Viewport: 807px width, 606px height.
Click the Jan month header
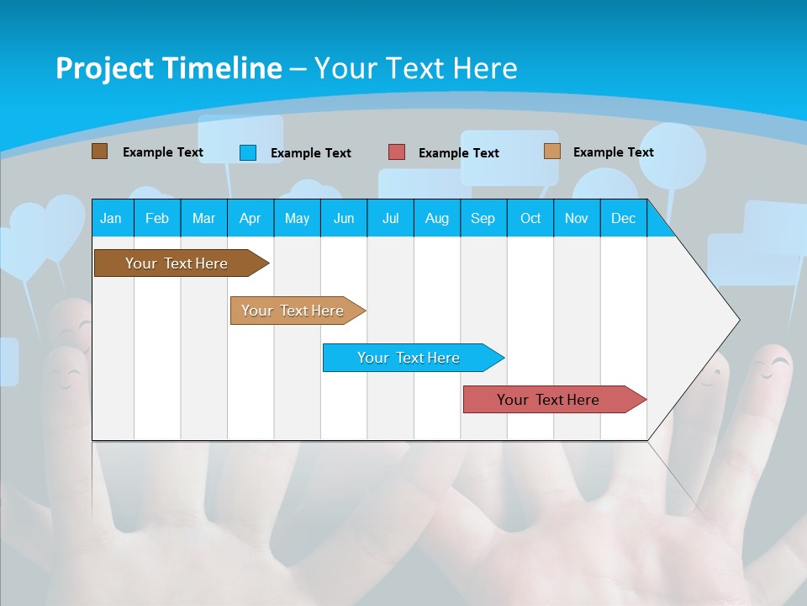pyautogui.click(x=111, y=218)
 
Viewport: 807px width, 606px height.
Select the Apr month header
pyautogui.click(x=250, y=218)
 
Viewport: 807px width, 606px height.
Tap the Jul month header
pyautogui.click(x=390, y=218)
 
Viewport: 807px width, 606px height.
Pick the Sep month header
pyautogui.click(x=483, y=218)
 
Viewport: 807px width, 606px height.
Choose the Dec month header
pyautogui.click(x=623, y=218)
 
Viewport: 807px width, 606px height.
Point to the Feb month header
pyautogui.click(x=157, y=218)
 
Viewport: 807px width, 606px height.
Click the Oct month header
pyautogui.click(x=530, y=218)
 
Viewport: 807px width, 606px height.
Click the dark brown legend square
pyautogui.click(x=99, y=151)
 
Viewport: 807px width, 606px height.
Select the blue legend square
pyautogui.click(x=248, y=152)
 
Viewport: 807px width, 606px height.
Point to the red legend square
pyautogui.click(x=397, y=152)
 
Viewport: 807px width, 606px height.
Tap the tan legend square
pyautogui.click(x=552, y=151)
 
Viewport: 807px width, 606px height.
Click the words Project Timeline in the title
pyautogui.click(x=168, y=68)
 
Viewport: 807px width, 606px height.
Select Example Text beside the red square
pyautogui.click(x=458, y=153)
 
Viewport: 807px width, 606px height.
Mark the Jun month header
pyautogui.click(x=344, y=218)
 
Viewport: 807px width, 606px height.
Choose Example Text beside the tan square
pyautogui.click(x=613, y=152)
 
